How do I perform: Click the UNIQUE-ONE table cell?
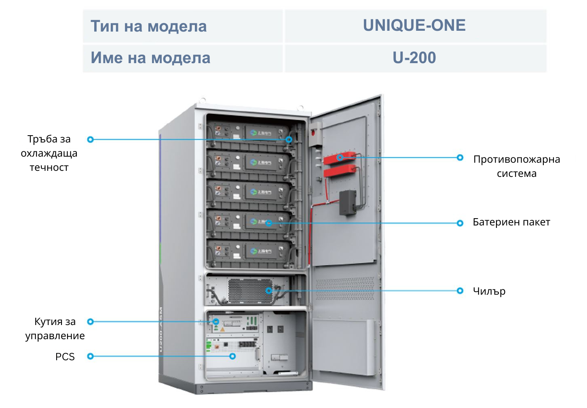(415, 26)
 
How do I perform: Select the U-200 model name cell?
(415, 58)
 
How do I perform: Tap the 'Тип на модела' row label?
(148, 26)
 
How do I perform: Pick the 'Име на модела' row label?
(150, 58)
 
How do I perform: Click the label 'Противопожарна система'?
(516, 166)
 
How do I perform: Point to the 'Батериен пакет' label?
(511, 222)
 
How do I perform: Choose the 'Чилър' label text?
(489, 291)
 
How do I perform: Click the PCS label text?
(65, 357)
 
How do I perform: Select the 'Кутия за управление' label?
(55, 328)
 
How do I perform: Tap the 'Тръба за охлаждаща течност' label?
(49, 153)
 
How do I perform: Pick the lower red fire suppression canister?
(340, 172)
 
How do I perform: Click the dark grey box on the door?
(347, 202)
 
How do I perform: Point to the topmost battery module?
(249, 133)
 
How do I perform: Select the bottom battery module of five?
(249, 252)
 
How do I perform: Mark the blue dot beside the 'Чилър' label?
(460, 291)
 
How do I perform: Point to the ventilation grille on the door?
(345, 288)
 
